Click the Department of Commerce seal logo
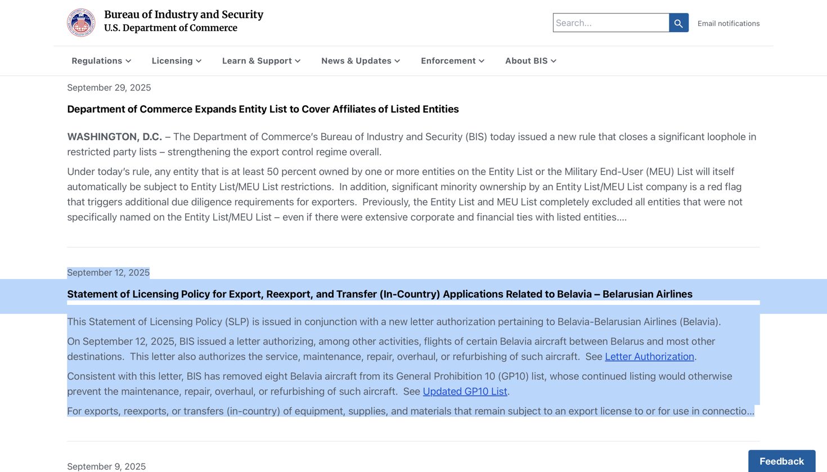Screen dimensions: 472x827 [81, 23]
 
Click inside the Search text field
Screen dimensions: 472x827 [610, 23]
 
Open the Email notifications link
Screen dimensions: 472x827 [728, 24]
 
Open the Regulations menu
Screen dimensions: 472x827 [101, 61]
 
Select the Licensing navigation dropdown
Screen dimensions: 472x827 [176, 61]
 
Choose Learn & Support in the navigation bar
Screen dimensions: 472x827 [261, 61]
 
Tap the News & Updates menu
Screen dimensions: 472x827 [361, 61]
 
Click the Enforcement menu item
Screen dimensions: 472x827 [452, 61]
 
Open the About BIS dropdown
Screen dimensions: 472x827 [531, 61]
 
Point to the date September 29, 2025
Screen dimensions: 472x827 [109, 88]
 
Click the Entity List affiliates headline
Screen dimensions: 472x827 [263, 109]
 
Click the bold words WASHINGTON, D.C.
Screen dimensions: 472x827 [114, 137]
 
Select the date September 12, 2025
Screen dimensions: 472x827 [108, 273]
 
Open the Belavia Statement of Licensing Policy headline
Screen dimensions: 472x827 [380, 294]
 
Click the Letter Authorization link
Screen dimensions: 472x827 [649, 357]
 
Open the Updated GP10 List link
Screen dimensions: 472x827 [465, 392]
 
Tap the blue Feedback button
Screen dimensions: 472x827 [781, 461]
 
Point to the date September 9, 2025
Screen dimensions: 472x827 [106, 466]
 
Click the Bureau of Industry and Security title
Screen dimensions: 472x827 [183, 15]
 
